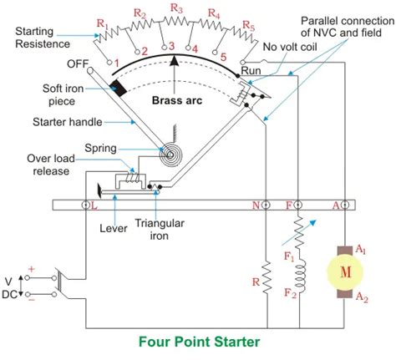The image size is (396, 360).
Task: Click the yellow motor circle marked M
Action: click(x=345, y=272)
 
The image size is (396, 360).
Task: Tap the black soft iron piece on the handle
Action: click(x=119, y=89)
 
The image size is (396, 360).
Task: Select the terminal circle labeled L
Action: click(x=86, y=205)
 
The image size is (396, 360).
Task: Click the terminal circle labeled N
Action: click(x=266, y=205)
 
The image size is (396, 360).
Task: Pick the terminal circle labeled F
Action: click(x=298, y=205)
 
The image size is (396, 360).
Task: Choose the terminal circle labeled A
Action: click(x=345, y=205)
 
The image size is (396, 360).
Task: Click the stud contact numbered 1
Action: click(x=110, y=63)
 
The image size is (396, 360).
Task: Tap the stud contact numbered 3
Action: click(x=165, y=47)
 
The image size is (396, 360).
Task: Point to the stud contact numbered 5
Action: click(x=215, y=52)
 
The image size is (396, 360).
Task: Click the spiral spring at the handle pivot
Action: click(x=170, y=154)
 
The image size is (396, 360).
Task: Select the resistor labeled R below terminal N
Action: click(x=267, y=276)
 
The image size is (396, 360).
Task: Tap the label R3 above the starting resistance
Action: click(x=176, y=8)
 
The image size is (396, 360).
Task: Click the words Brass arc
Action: click(x=177, y=100)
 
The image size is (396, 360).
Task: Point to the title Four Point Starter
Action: click(x=199, y=342)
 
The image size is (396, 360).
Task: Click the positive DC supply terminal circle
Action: click(x=27, y=277)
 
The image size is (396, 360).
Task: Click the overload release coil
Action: click(x=132, y=178)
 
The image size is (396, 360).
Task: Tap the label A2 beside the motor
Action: click(x=362, y=297)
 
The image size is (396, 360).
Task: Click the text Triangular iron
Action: click(x=160, y=230)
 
